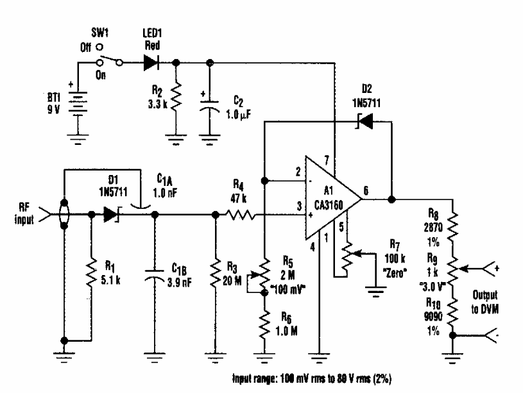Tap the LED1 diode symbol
click(151, 63)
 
